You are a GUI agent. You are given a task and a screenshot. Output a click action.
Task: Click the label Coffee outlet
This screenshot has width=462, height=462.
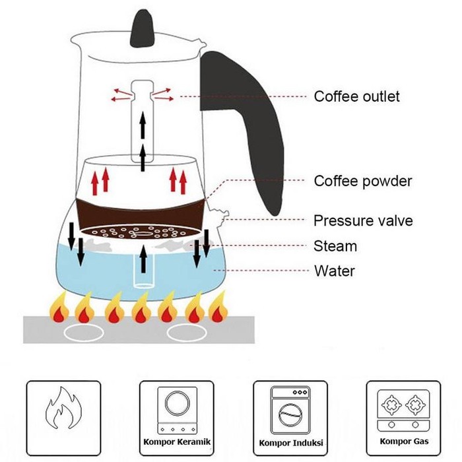tap(356, 96)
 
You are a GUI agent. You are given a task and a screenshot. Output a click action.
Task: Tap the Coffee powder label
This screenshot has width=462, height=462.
tap(362, 181)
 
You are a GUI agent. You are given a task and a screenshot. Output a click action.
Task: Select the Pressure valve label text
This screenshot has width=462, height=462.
tap(363, 220)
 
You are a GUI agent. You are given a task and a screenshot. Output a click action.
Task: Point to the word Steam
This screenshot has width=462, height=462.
tap(335, 246)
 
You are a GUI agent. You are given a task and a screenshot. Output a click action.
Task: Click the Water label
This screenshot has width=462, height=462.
tap(334, 271)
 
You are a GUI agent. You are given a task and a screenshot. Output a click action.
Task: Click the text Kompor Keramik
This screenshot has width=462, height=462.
tap(176, 441)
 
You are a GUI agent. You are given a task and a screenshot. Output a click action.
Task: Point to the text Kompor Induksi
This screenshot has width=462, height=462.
tap(290, 442)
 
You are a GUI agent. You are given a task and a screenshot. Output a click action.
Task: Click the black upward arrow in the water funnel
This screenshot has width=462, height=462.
tap(144, 261)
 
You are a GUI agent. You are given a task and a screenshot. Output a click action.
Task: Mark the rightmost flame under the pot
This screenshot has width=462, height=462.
tap(218, 309)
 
